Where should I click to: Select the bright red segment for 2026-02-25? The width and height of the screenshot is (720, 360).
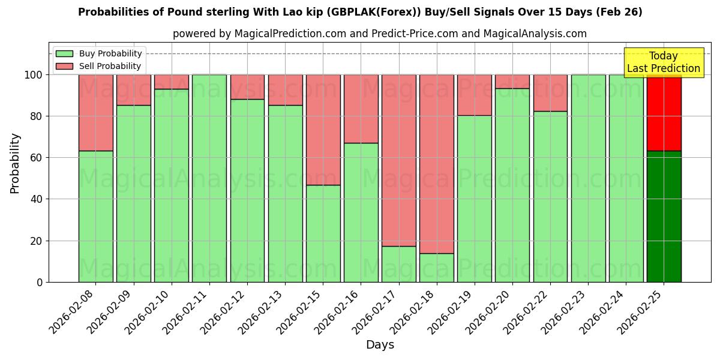tap(664, 113)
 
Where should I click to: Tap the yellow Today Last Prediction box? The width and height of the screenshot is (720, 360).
tap(663, 62)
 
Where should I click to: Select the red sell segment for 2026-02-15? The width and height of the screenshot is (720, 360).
tap(323, 130)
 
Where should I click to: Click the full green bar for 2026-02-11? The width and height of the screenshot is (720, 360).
tap(209, 178)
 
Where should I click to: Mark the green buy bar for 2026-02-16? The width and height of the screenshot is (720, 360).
tap(361, 212)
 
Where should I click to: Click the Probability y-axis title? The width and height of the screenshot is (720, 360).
tap(15, 163)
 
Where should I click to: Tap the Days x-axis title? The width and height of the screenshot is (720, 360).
tap(380, 345)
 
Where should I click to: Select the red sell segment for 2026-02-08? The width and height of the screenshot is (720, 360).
tap(95, 113)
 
